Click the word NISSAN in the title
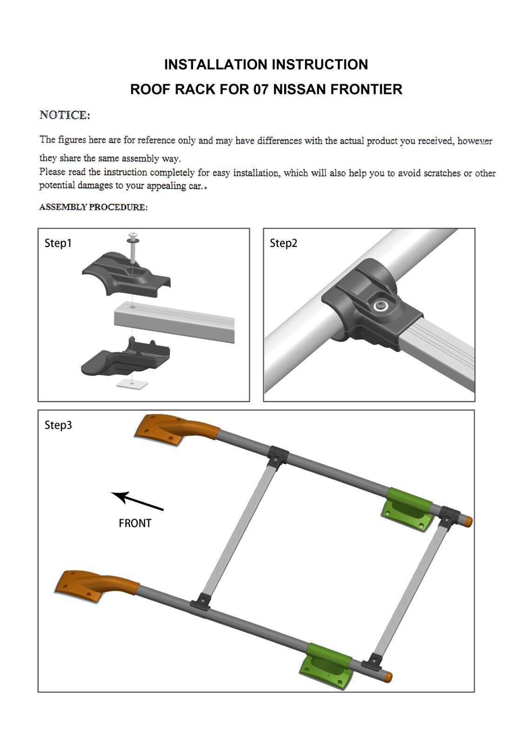300,89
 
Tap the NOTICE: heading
65,115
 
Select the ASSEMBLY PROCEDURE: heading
93,207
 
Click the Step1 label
58,243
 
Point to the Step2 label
283,243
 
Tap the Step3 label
58,425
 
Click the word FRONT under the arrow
135,523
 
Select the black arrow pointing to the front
137,500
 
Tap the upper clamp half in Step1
126,274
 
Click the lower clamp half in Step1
126,358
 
